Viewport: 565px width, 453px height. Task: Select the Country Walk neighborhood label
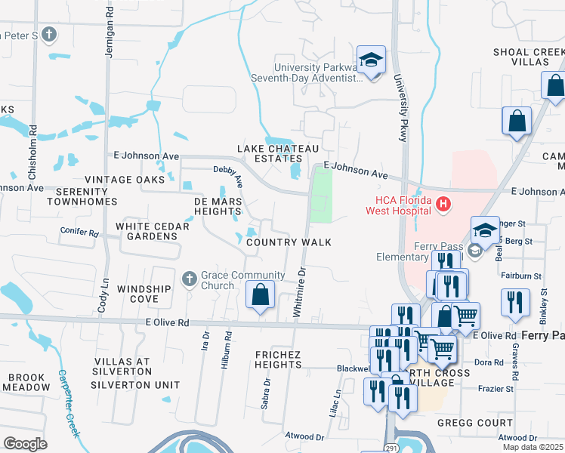tap(289, 242)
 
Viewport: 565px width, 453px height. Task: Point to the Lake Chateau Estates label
tap(278, 154)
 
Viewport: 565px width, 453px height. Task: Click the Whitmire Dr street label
tap(301, 291)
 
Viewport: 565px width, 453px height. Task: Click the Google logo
tap(25, 444)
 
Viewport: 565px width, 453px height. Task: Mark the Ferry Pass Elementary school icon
tap(474, 251)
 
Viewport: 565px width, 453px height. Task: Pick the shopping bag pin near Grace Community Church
tap(260, 294)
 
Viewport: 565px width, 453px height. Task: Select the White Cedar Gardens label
tap(147, 231)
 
